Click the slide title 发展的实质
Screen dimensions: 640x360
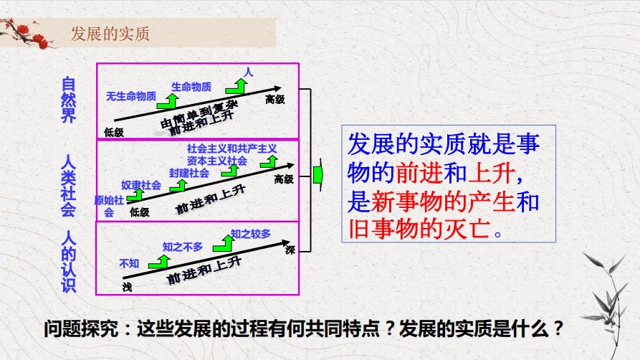(x=110, y=34)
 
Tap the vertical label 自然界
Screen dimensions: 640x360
(x=68, y=100)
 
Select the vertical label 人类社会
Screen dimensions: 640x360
(x=68, y=186)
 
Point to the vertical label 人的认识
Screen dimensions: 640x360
(x=69, y=262)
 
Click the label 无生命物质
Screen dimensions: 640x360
(x=131, y=96)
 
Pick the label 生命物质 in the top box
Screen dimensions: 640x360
(x=191, y=87)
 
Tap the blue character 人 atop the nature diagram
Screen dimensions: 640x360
(x=249, y=72)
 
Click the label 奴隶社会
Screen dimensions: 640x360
(x=140, y=185)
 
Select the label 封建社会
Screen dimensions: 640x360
(x=189, y=174)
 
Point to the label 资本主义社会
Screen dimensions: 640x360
(x=217, y=161)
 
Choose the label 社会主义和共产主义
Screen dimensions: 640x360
(x=231, y=148)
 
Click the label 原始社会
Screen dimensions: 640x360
(x=108, y=206)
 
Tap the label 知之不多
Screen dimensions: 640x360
(x=183, y=247)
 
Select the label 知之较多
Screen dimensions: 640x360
(x=251, y=234)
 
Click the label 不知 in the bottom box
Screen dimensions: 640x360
(x=129, y=264)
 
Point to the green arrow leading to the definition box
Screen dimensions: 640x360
(x=318, y=175)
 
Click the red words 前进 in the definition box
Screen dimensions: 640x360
(x=419, y=174)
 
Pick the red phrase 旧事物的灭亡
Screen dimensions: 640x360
(x=419, y=229)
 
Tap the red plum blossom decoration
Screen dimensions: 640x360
(x=25, y=34)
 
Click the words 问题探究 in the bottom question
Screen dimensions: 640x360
(x=81, y=328)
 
